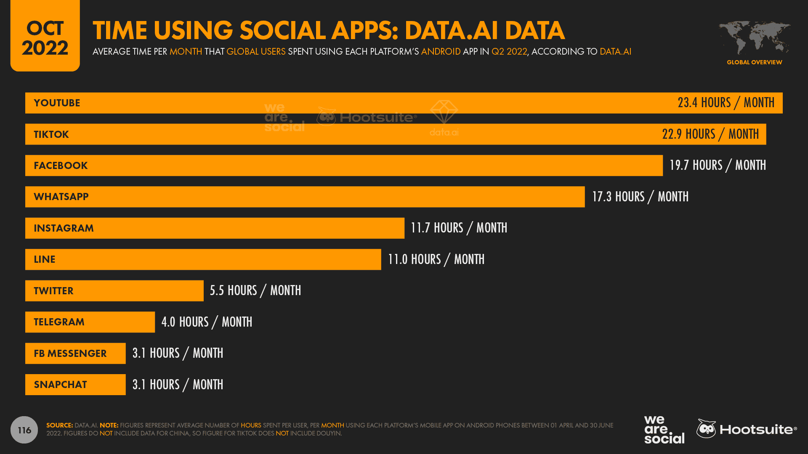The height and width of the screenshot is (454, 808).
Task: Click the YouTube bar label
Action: coord(57,103)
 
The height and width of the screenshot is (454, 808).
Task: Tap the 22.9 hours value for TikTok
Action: coord(710,134)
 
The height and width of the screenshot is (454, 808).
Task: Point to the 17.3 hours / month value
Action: coord(640,197)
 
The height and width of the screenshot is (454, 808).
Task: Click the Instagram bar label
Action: coord(64,228)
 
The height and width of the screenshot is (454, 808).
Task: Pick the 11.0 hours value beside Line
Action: coord(436,259)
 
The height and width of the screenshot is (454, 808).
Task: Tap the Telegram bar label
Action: coord(59,322)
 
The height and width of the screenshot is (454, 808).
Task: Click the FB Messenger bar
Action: coord(75,354)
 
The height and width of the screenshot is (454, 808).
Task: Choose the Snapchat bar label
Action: coord(60,385)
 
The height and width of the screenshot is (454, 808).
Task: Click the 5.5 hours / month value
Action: coord(255,290)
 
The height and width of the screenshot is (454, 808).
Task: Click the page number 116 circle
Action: coord(24,430)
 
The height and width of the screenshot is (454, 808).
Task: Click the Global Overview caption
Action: coord(754,62)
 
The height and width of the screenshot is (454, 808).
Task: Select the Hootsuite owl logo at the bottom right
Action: coord(706,429)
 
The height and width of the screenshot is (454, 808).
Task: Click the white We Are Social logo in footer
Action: coord(664,430)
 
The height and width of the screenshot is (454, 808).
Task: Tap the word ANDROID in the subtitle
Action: coord(441,52)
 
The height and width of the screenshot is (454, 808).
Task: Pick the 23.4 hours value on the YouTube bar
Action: coord(726,103)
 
